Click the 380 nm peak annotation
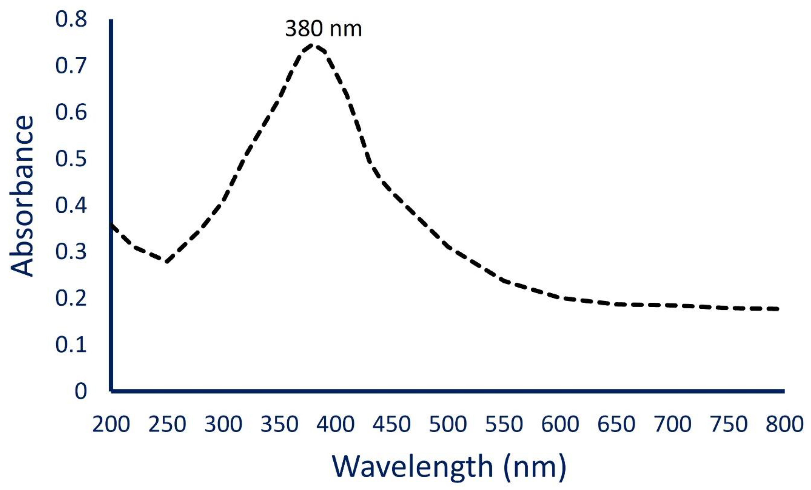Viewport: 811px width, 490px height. [x=323, y=29]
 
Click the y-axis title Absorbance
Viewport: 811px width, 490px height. [x=22, y=196]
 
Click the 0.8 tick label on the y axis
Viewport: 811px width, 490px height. [x=71, y=19]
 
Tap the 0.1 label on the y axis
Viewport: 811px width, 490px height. [x=71, y=345]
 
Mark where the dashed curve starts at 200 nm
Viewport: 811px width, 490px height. [x=112, y=225]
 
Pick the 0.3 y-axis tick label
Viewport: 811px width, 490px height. [x=71, y=252]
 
